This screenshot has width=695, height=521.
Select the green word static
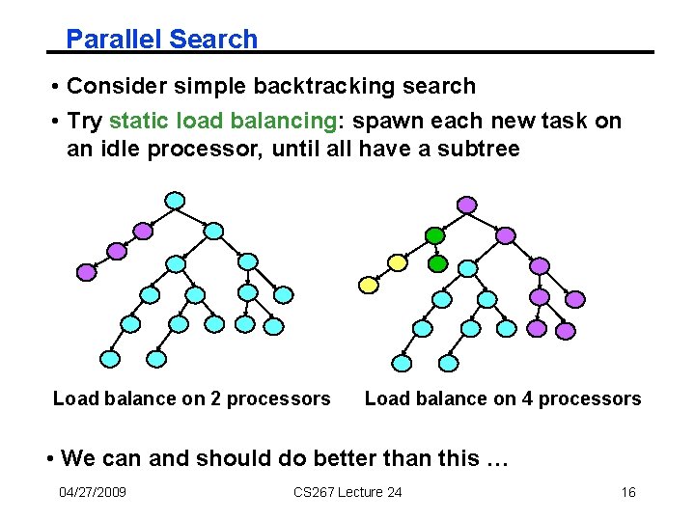point(137,121)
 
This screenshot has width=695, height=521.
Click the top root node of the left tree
point(175,201)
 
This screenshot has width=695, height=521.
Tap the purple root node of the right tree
point(466,205)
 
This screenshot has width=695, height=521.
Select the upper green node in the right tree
point(434,234)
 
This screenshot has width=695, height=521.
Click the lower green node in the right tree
point(437,262)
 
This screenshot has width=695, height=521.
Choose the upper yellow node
point(397,261)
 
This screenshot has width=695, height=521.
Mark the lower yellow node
point(368,285)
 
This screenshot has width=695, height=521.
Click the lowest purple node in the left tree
point(87,272)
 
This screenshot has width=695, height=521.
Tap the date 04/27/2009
point(93,493)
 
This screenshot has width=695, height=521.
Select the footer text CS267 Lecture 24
point(347,493)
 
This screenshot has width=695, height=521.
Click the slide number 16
point(627,493)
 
